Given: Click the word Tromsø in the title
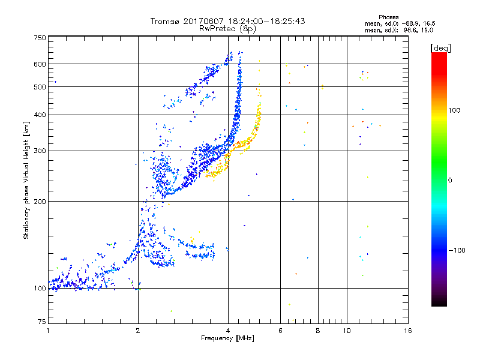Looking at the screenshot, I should pyautogui.click(x=164, y=21).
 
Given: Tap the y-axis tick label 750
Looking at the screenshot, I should pyautogui.click(x=40, y=38).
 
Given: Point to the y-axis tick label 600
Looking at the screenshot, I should pyautogui.click(x=40, y=64).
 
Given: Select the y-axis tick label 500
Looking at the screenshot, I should pyautogui.click(x=40, y=87).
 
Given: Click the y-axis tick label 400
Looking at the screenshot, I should pyautogui.click(x=40, y=115).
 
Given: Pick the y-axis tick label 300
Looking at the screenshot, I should pyautogui.click(x=40, y=151).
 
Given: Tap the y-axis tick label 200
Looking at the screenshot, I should pyautogui.click(x=40, y=201).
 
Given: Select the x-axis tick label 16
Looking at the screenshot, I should pyautogui.click(x=407, y=331).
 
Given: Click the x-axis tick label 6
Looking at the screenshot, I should pyautogui.click(x=281, y=331).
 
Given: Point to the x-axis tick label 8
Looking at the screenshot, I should pyautogui.click(x=318, y=331).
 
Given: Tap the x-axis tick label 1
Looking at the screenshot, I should pyautogui.click(x=48, y=331).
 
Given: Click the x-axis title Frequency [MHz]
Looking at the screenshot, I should pyautogui.click(x=228, y=340).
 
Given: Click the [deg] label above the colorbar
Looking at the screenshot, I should pyautogui.click(x=440, y=47).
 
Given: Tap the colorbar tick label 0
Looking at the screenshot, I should pyautogui.click(x=451, y=180).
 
